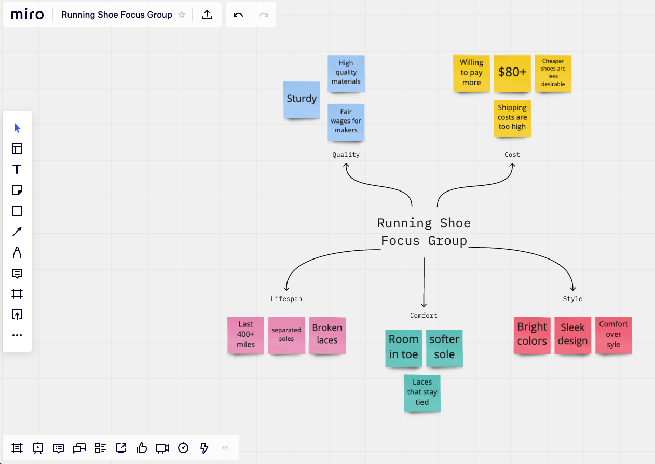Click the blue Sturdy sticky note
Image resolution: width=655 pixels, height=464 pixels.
(302, 99)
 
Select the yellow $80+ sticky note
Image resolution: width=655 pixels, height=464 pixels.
(512, 73)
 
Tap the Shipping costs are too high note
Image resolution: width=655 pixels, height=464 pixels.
(512, 117)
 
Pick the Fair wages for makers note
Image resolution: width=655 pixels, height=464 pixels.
(346, 121)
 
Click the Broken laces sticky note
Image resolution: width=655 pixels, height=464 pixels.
(327, 335)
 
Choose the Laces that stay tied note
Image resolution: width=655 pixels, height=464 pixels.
(422, 392)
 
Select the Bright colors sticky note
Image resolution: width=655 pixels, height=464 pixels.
(532, 335)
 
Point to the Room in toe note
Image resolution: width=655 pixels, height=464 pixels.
(404, 347)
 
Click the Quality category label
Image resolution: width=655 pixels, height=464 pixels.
(346, 155)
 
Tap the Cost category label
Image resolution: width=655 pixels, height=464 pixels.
(512, 155)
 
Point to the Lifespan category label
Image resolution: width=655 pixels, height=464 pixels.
(286, 299)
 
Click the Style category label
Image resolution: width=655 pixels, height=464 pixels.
(572, 299)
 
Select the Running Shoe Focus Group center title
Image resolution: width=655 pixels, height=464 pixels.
(424, 232)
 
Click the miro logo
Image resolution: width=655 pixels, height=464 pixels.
(28, 15)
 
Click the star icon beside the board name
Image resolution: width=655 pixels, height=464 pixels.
(182, 15)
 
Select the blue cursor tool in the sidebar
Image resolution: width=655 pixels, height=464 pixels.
(17, 128)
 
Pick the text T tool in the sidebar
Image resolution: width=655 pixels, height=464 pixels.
(17, 169)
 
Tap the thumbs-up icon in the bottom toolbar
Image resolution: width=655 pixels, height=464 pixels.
(142, 447)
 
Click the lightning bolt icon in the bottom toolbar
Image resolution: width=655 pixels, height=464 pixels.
(204, 447)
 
